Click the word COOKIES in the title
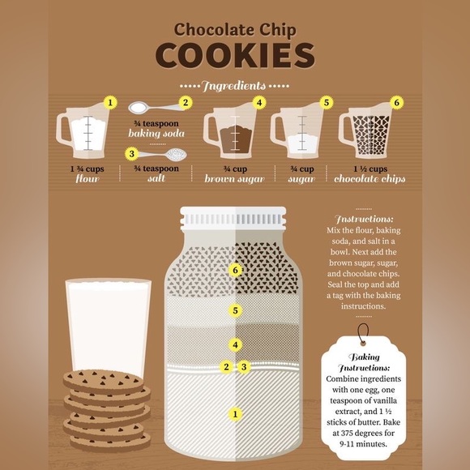click(235, 55)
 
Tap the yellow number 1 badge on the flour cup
click(110, 103)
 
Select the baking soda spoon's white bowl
click(139, 108)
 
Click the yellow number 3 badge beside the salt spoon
click(132, 154)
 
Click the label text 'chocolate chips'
click(370, 179)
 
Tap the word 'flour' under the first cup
click(88, 179)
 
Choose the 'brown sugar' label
click(234, 179)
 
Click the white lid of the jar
click(233, 219)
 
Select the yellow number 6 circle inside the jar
click(235, 271)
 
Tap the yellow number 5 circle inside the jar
click(235, 310)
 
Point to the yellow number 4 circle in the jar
click(235, 344)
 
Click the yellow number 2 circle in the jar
click(226, 366)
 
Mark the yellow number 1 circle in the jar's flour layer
click(235, 414)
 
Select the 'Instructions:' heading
click(364, 219)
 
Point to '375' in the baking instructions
click(347, 434)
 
